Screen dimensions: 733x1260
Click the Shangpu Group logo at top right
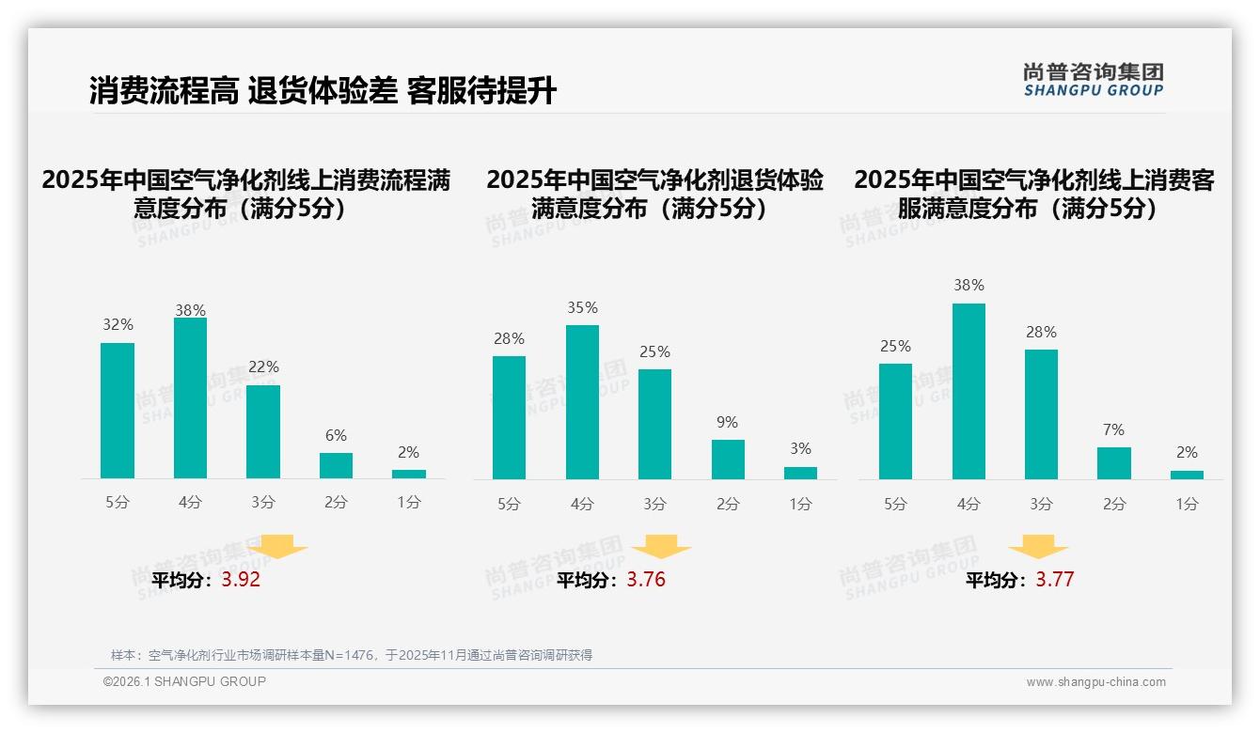pyautogui.click(x=1093, y=80)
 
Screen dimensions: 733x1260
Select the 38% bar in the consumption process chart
pyautogui.click(x=190, y=398)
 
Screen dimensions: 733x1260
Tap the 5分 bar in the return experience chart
pyautogui.click(x=509, y=417)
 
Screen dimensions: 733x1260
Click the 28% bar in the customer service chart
pyautogui.click(x=1041, y=414)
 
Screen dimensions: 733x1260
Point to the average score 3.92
pyautogui.click(x=241, y=580)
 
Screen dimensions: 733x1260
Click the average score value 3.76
pyautogui.click(x=646, y=580)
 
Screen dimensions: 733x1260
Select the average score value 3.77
pyautogui.click(x=1054, y=580)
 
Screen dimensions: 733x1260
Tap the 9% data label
pyautogui.click(x=727, y=423)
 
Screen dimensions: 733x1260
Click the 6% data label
pyautogui.click(x=336, y=436)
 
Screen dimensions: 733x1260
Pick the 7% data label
pyautogui.click(x=1113, y=430)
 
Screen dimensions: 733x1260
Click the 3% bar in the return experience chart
pyautogui.click(x=800, y=473)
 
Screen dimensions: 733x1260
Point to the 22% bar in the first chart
pyautogui.click(x=263, y=432)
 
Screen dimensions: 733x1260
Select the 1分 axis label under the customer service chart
pyautogui.click(x=1187, y=504)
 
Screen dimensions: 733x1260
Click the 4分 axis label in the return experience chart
pyautogui.click(x=582, y=504)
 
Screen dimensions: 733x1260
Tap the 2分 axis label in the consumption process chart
pyautogui.click(x=336, y=503)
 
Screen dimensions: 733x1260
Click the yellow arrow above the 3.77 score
pyautogui.click(x=1038, y=547)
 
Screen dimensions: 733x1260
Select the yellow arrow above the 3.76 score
pyautogui.click(x=661, y=547)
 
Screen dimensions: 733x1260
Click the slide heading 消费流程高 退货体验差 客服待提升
pyautogui.click(x=323, y=90)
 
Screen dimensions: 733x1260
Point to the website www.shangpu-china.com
pyautogui.click(x=1095, y=682)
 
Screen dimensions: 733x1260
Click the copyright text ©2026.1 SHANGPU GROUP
pyautogui.click(x=184, y=681)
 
